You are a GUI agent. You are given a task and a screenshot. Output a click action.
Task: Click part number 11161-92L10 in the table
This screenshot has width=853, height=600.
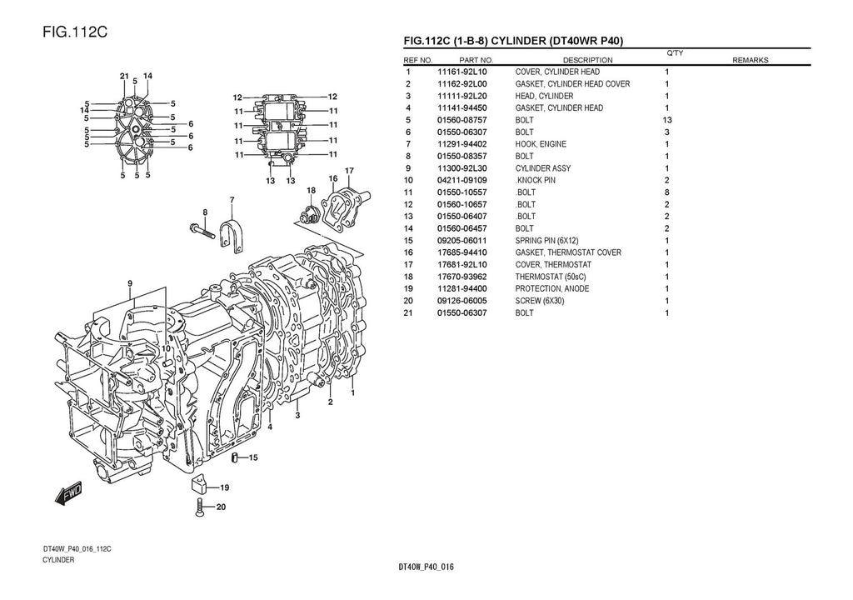[x=462, y=72]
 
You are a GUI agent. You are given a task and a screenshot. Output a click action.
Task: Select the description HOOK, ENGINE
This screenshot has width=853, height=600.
[x=541, y=144]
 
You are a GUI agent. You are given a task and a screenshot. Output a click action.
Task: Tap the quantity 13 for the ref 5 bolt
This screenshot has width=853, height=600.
[x=666, y=120]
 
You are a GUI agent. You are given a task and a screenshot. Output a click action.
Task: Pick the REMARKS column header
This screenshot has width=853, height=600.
[x=750, y=60]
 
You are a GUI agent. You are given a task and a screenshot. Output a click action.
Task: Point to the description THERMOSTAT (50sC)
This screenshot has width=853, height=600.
[x=551, y=277]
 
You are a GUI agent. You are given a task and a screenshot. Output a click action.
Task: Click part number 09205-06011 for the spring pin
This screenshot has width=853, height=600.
[x=462, y=241]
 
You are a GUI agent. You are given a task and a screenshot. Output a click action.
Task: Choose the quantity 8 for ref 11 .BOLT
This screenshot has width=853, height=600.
[x=666, y=192]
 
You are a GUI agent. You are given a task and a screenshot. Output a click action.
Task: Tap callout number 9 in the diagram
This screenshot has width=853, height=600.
[x=130, y=283]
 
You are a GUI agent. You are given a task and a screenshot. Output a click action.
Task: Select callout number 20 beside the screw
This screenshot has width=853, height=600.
[x=221, y=506]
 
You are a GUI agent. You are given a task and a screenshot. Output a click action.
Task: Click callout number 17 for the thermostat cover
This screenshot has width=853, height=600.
[x=350, y=171]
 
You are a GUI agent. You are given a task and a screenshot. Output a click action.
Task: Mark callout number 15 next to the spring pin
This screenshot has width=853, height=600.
[x=253, y=457]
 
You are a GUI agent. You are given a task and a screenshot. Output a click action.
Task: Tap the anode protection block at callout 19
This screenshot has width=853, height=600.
[x=199, y=485]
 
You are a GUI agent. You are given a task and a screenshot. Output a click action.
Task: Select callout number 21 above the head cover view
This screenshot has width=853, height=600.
[x=123, y=77]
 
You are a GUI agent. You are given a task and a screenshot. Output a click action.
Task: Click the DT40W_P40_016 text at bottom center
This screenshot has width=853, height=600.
[x=426, y=567]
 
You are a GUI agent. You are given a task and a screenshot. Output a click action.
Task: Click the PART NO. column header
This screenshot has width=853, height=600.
[x=476, y=60]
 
